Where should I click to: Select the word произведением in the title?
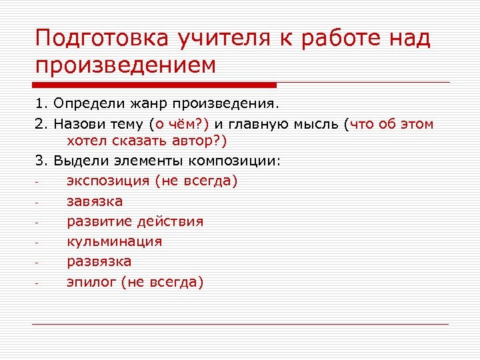pos(126,65)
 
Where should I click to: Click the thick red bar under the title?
pos(154,85)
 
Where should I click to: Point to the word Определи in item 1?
pos(85,104)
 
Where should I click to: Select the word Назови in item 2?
pos(77,123)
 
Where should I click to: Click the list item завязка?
pos(95,201)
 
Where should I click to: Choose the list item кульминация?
pos(114,241)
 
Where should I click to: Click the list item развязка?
pos(99,261)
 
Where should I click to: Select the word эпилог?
pos(91,281)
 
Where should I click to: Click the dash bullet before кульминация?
pos(38,243)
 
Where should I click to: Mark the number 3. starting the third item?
pos(41,161)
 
